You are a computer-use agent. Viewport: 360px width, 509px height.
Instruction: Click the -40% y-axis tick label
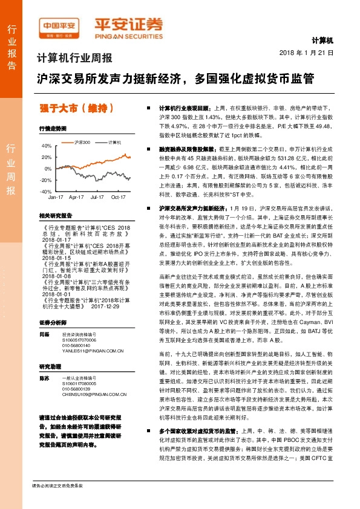tap(46, 191)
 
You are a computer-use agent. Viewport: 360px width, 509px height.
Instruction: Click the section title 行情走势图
tap(51, 129)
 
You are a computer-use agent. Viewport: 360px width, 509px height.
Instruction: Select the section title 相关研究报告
tap(55, 215)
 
